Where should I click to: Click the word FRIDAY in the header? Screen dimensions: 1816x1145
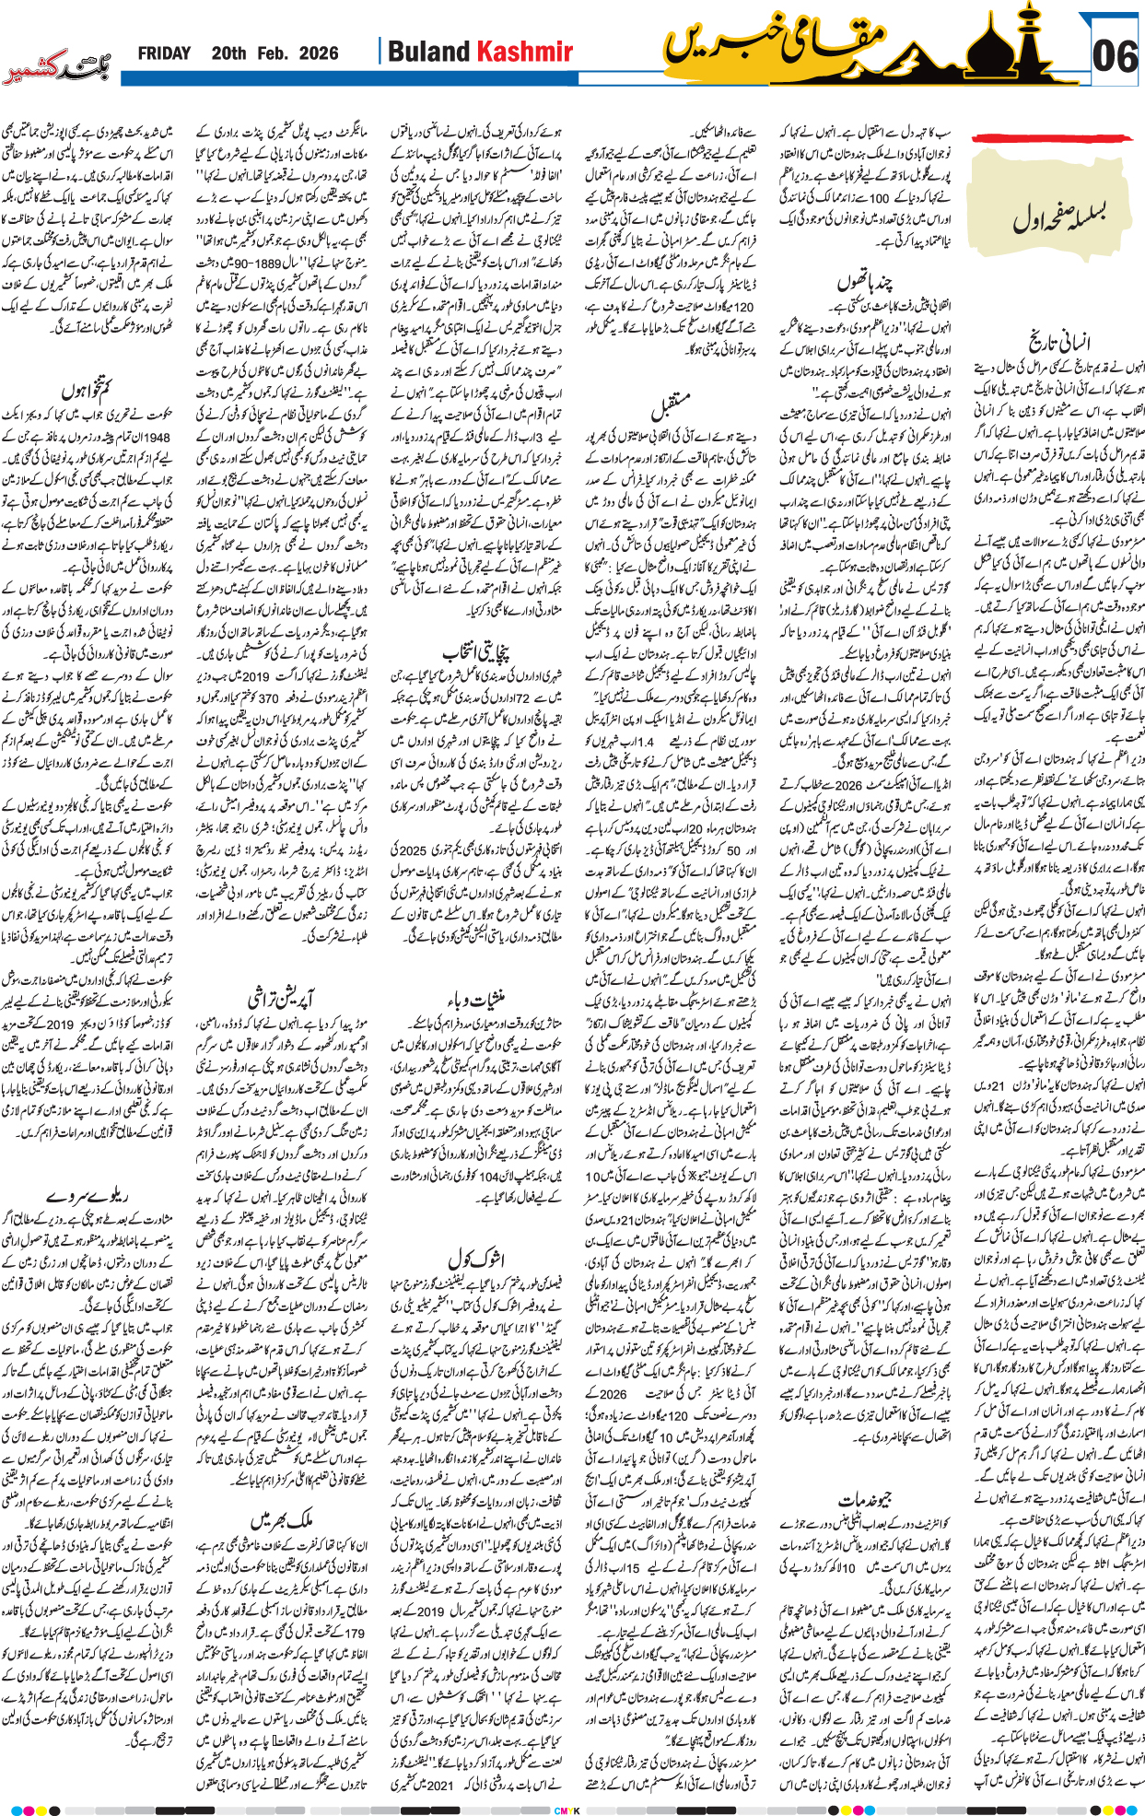pos(164,53)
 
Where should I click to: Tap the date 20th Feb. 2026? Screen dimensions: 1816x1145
pos(275,53)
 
